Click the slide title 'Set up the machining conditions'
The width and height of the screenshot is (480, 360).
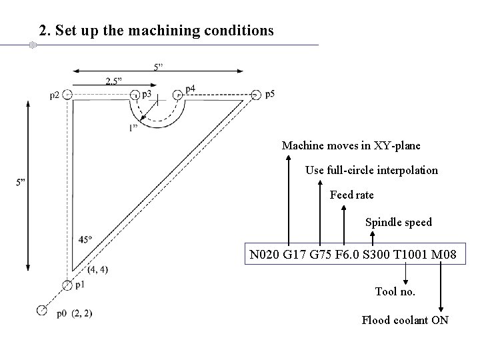pyautogui.click(x=156, y=31)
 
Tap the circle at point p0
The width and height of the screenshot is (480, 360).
pyautogui.click(x=42, y=309)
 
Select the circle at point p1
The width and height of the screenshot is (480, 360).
pyautogui.click(x=67, y=285)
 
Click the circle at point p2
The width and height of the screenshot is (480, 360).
pyautogui.click(x=67, y=95)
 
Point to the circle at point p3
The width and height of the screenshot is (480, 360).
pyautogui.click(x=135, y=95)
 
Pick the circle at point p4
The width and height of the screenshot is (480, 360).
pyautogui.click(x=178, y=95)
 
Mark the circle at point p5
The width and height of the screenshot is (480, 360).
pyautogui.click(x=257, y=95)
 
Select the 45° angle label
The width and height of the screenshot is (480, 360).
pyautogui.click(x=85, y=239)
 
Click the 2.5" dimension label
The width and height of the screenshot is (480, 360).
pyautogui.click(x=114, y=81)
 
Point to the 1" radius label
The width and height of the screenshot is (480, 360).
pyautogui.click(x=134, y=127)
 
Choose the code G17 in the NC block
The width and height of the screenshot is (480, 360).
pyautogui.click(x=293, y=255)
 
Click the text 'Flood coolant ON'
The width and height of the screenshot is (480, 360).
pyautogui.click(x=405, y=320)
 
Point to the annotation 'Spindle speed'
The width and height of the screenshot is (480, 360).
pyautogui.click(x=398, y=222)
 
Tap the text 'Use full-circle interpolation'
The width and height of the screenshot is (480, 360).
pyautogui.click(x=371, y=170)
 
